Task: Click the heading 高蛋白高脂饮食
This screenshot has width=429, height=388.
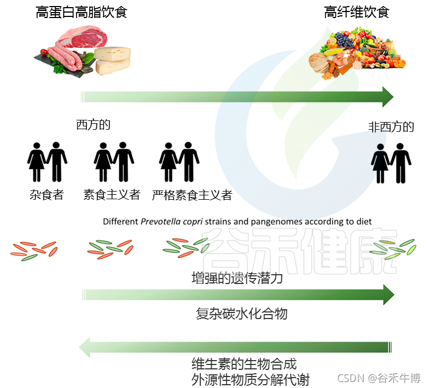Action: point(82,13)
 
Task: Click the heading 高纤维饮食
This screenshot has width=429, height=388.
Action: point(356,13)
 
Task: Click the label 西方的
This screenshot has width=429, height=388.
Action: point(94,125)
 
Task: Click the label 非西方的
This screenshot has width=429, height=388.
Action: point(391,128)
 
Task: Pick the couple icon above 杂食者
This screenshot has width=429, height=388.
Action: point(47,162)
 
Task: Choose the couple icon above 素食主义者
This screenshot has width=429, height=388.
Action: point(114,162)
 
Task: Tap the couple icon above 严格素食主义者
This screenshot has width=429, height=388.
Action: point(179,162)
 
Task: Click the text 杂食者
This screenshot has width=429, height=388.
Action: point(47,195)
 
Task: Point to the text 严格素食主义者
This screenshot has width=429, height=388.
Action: point(192,195)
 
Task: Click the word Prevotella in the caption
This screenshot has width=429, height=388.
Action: point(159,222)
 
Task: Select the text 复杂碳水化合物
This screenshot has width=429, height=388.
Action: point(241,314)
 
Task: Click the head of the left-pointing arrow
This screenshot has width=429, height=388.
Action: point(86,346)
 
